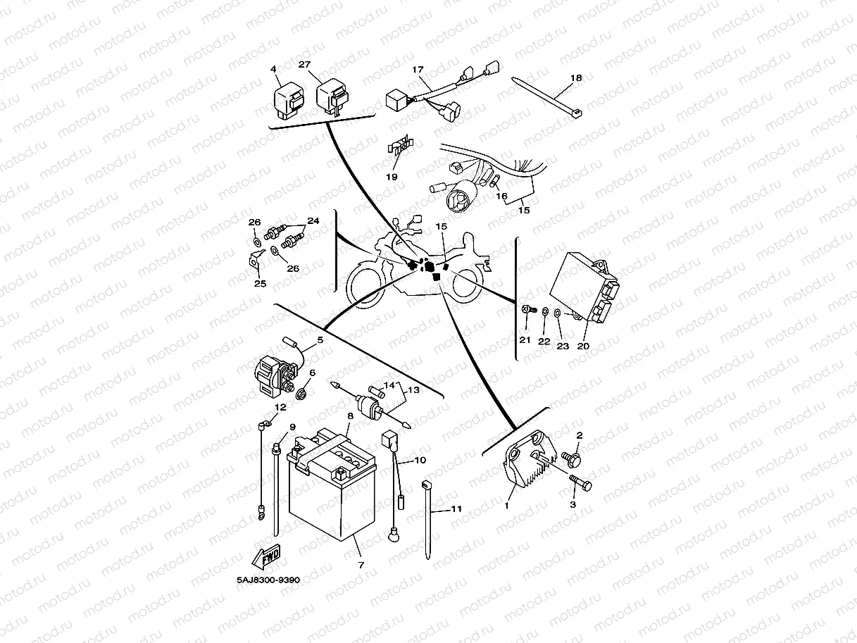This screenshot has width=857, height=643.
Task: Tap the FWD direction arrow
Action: [x=269, y=558]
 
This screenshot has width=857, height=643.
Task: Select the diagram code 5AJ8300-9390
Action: [x=268, y=581]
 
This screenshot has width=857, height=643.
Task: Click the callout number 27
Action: [x=304, y=65]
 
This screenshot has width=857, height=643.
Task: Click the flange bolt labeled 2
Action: [x=575, y=459]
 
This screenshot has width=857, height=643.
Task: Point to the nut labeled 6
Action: [x=302, y=392]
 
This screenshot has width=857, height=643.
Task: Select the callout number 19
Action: [x=392, y=177]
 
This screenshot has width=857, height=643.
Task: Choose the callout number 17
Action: [x=418, y=70]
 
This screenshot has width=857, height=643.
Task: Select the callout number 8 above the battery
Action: [x=350, y=416]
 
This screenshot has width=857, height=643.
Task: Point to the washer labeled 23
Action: [x=557, y=313]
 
